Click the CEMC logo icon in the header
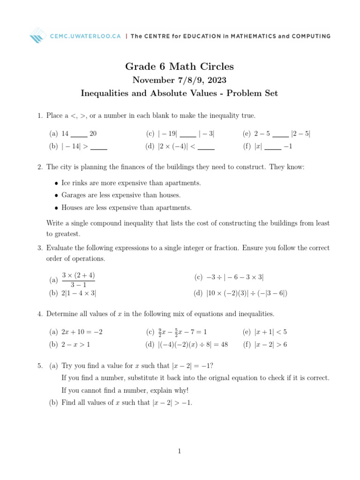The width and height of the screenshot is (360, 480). pyautogui.click(x=37, y=36)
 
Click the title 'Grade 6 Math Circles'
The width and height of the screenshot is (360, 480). pyautogui.click(x=180, y=67)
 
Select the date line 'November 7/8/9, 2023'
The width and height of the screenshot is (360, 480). pyautogui.click(x=180, y=80)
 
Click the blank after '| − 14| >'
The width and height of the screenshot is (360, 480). pyautogui.click(x=98, y=147)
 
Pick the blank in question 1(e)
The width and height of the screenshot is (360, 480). pyautogui.click(x=280, y=135)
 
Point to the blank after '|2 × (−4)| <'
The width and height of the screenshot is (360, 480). pyautogui.click(x=206, y=147)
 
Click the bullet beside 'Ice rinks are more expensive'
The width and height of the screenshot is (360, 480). pyautogui.click(x=57, y=183)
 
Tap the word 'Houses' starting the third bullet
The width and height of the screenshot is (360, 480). pyautogui.click(x=71, y=208)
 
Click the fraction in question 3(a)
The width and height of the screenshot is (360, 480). pyautogui.click(x=78, y=280)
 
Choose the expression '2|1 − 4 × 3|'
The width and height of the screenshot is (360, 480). pyautogui.click(x=79, y=293)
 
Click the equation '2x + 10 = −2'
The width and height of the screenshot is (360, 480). pyautogui.click(x=82, y=332)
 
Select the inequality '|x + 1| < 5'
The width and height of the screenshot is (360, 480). pyautogui.click(x=270, y=332)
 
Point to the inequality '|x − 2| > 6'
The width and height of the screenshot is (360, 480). pyautogui.click(x=270, y=345)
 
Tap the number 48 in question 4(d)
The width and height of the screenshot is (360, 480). pyautogui.click(x=223, y=345)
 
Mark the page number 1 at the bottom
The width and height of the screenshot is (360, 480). pyautogui.click(x=180, y=451)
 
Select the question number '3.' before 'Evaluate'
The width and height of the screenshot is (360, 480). pyautogui.click(x=40, y=248)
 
